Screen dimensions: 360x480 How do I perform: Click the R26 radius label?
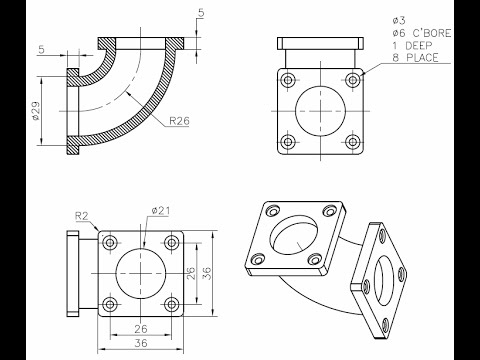(x=180, y=121)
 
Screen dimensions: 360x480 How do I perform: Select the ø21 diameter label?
(x=161, y=209)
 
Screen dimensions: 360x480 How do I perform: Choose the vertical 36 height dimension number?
(x=207, y=271)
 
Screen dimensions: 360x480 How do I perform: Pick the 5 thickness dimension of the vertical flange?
(x=40, y=47)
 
